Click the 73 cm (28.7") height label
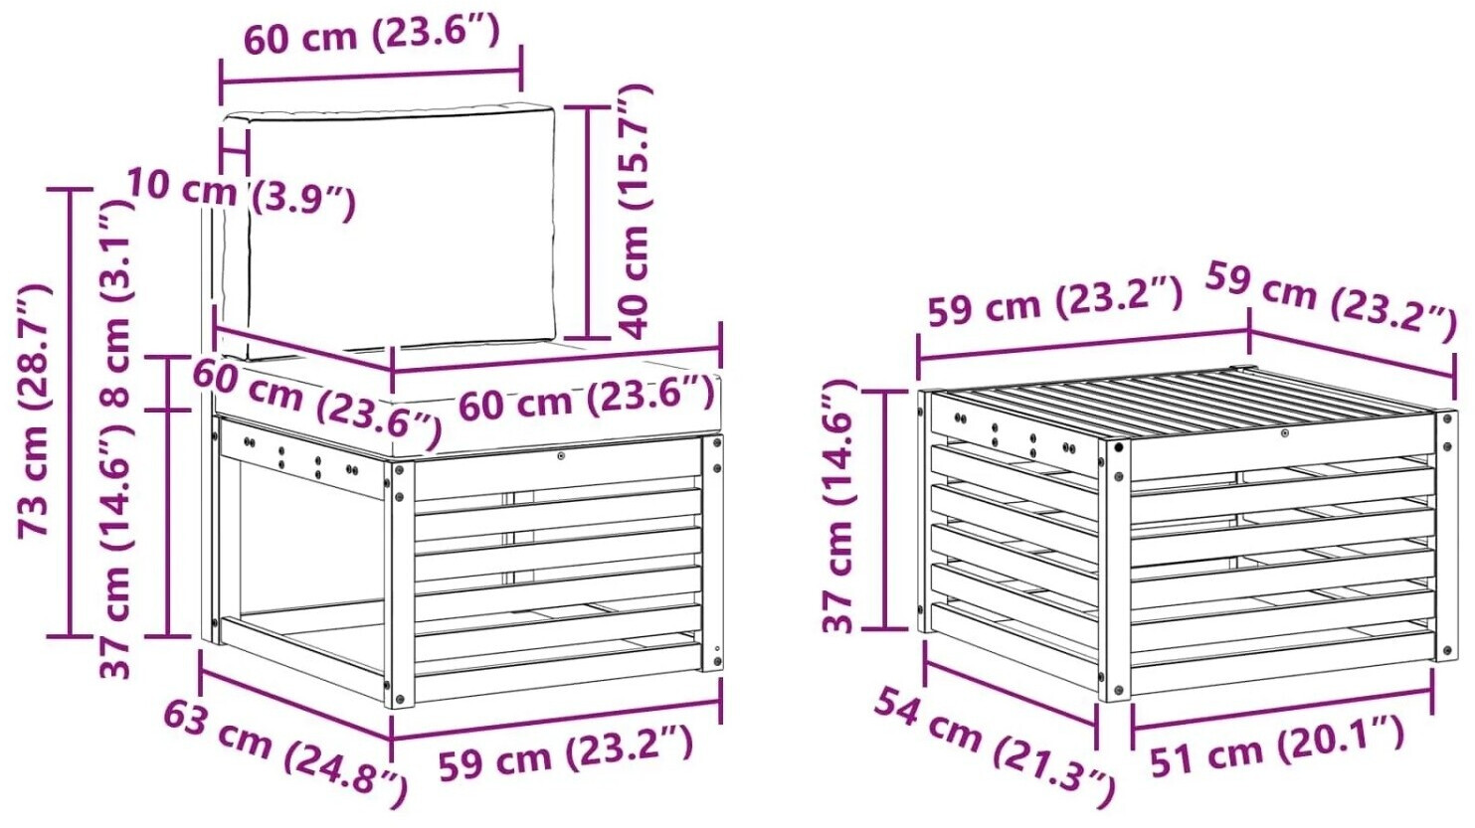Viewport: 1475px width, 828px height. tap(33, 412)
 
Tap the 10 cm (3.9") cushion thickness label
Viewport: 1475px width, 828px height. tap(241, 194)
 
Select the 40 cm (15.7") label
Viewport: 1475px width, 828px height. tap(634, 212)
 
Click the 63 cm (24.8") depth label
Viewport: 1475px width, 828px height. tap(284, 752)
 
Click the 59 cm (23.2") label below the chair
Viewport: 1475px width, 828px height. tap(565, 751)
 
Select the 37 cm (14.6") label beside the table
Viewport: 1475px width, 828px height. tap(838, 506)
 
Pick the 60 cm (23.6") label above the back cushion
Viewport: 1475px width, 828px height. tap(372, 34)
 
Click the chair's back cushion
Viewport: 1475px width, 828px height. tap(389, 231)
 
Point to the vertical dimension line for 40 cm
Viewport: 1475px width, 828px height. tap(588, 223)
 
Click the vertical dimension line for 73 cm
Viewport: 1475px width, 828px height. tap(70, 413)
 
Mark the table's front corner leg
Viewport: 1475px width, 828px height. tap(1114, 570)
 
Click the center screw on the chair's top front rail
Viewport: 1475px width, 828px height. tap(560, 456)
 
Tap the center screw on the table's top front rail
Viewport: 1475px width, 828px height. tap(1284, 432)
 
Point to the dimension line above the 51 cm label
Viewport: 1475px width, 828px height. tap(1282, 710)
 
